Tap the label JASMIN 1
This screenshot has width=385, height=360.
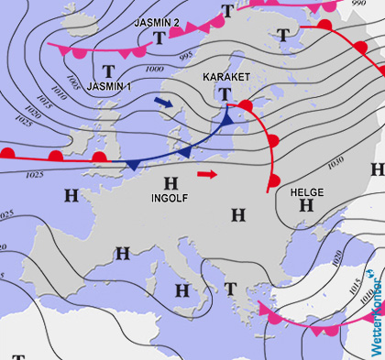pyautogui.click(x=113, y=85)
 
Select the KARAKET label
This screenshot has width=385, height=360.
pyautogui.click(x=225, y=76)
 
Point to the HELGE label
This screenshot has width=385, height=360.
pyautogui.click(x=306, y=192)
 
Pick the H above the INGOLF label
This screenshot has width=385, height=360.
pyautogui.click(x=170, y=182)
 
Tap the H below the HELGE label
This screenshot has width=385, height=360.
pyautogui.click(x=306, y=206)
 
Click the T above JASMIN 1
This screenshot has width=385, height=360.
pyautogui.click(x=109, y=71)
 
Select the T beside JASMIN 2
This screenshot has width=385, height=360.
pyautogui.click(x=160, y=38)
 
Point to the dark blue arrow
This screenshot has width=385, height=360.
pyautogui.click(x=163, y=105)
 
